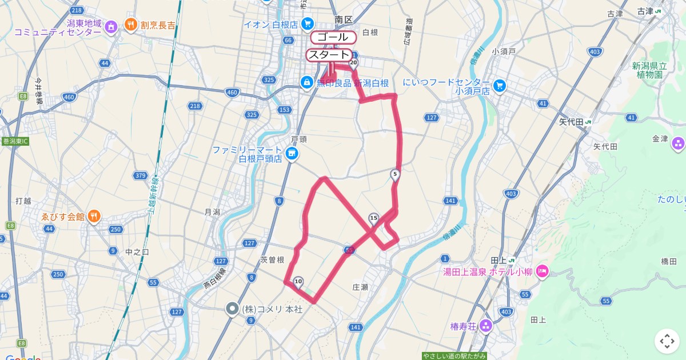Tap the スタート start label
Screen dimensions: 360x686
coord(328,55)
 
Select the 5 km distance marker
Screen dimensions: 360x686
coord(395,174)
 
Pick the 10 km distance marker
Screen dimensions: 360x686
coord(298,281)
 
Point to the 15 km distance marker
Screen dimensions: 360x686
coord(374,218)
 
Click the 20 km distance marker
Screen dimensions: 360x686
coord(353,63)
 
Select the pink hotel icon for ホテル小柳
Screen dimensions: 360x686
coord(542,271)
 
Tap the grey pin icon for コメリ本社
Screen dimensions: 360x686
coord(232,309)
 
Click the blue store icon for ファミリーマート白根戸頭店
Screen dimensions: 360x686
coord(292,154)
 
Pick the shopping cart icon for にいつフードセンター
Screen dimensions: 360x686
coord(500,86)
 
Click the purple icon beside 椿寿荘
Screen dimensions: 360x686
coord(486,326)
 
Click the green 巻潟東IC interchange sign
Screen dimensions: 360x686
coord(15,141)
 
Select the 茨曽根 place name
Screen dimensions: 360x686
coord(272,259)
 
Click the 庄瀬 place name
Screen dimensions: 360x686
coord(360,287)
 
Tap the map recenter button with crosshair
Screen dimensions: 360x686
coord(667,341)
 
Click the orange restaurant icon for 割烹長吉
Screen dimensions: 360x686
coord(131,25)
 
